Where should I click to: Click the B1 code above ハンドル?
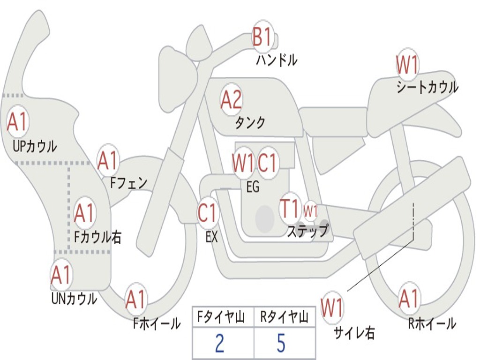(262, 36)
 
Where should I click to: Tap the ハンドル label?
(277, 60)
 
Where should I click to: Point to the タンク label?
(250, 122)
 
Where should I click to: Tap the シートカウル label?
(427, 88)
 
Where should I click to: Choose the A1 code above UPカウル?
(18, 122)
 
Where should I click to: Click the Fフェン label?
(129, 182)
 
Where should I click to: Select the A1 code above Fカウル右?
(84, 213)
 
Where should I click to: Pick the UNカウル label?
(74, 298)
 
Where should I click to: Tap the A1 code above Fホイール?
(136, 300)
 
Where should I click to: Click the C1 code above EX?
(208, 213)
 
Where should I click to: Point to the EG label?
(253, 187)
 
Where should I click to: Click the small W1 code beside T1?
(310, 210)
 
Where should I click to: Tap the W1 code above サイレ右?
(332, 308)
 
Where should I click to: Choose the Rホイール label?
(432, 323)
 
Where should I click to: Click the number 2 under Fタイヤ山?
(219, 344)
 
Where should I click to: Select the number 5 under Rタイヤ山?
(281, 344)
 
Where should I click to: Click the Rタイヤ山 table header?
(284, 318)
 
